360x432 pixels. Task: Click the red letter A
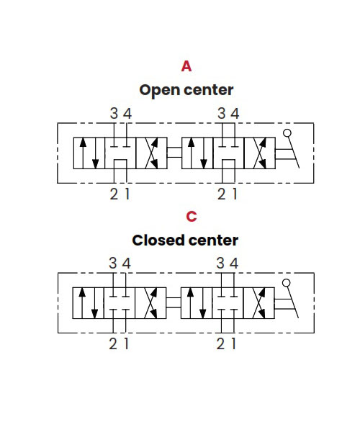coord(186,66)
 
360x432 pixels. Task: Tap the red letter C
coord(192,217)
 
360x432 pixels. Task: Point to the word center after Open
coord(209,90)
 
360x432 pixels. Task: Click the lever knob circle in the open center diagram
coord(287,133)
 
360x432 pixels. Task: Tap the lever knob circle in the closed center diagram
coord(287,283)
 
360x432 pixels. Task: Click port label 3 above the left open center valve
coord(114,113)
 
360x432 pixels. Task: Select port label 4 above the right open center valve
coord(235,113)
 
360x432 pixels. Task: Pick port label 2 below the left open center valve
coord(114,194)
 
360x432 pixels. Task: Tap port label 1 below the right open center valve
coord(235,194)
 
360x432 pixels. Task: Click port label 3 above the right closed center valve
coord(220,263)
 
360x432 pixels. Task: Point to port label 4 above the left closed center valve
coord(126,263)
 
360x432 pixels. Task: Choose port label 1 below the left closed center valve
coord(126,344)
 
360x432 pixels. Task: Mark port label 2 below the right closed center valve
coord(220,344)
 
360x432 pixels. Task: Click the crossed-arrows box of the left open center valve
coord(151,153)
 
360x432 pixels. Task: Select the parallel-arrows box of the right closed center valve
coord(197,303)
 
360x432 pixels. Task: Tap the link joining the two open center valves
coord(174,153)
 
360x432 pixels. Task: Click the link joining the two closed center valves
coord(174,302)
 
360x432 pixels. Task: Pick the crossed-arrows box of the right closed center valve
coord(259,303)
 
